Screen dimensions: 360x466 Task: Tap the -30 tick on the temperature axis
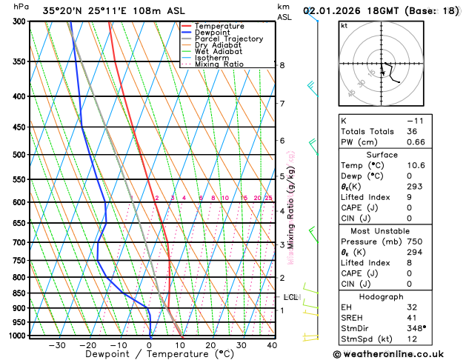pos(57,344)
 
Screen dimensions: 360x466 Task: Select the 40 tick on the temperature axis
pos(272,344)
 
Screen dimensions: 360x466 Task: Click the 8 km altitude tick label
pos(282,65)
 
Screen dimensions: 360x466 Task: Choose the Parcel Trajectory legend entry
pos(228,39)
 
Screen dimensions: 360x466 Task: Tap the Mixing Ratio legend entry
pos(217,64)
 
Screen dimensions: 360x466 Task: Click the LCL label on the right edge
pos(290,297)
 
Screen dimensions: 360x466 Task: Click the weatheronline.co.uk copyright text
pos(399,353)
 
